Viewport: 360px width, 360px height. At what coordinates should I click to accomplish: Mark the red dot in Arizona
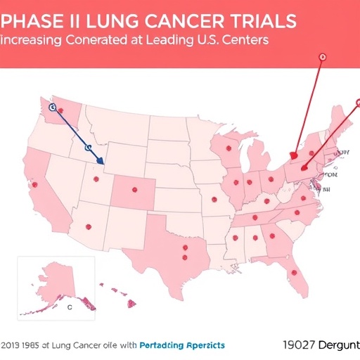(88, 226)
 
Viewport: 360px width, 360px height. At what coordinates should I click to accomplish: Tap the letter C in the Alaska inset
(69, 307)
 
